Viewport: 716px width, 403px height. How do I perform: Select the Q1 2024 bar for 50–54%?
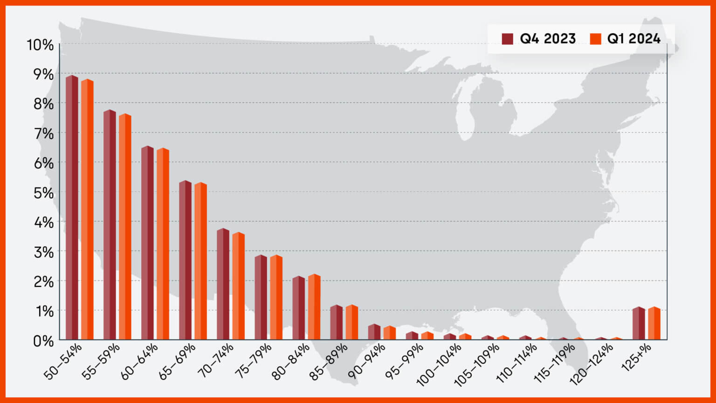click(87, 209)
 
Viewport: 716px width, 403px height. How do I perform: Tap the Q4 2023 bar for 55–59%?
click(110, 224)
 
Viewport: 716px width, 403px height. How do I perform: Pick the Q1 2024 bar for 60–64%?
click(163, 244)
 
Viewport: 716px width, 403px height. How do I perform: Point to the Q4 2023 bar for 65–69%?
click(186, 260)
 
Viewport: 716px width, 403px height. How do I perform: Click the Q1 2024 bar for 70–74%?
click(239, 286)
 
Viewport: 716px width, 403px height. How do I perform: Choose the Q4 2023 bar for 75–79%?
click(261, 297)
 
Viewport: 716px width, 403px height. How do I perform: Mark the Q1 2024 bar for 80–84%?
click(314, 307)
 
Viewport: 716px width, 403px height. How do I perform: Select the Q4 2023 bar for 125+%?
click(639, 323)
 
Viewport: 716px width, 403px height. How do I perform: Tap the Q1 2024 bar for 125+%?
click(654, 323)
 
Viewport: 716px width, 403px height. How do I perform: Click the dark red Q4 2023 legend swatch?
click(507, 39)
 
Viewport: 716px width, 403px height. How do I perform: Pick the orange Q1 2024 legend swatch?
click(595, 39)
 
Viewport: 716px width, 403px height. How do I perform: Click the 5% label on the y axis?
click(43, 193)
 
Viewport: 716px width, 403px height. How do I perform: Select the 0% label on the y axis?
click(43, 341)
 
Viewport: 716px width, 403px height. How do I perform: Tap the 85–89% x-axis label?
click(328, 362)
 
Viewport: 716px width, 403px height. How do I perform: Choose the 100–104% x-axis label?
click(439, 365)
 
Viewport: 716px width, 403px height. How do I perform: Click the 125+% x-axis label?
click(636, 357)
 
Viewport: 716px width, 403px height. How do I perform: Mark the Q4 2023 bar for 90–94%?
click(374, 332)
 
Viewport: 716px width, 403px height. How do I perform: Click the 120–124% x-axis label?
click(591, 364)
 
